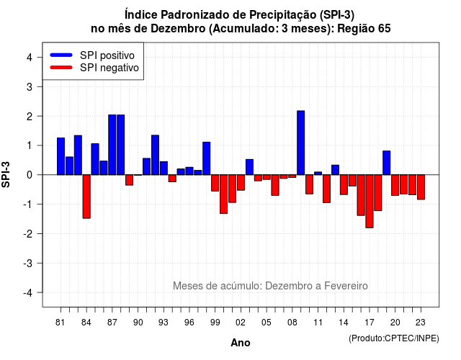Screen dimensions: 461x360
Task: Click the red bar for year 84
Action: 86,197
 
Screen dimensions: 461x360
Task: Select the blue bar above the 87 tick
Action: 112,145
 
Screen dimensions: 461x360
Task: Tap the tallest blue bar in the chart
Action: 301,143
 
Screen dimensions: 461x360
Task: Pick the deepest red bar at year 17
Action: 370,202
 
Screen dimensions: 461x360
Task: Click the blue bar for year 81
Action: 61,156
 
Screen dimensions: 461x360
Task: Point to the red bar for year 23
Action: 421,187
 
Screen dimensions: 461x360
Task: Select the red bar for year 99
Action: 215,183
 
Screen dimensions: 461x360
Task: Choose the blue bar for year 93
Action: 164,168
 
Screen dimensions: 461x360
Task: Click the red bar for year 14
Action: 344,184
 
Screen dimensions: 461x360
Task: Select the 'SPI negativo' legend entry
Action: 94,68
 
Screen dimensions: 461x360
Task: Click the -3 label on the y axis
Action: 28,263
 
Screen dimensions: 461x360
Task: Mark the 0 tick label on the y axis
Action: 30,175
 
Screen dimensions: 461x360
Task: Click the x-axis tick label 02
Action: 240,323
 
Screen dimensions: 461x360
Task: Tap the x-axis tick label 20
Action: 395,323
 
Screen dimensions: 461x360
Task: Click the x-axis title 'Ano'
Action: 241,343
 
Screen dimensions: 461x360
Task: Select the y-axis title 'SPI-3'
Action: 6,174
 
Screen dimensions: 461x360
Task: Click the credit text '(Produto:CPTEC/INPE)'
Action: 394,338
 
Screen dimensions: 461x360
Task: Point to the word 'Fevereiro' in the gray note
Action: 346,286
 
